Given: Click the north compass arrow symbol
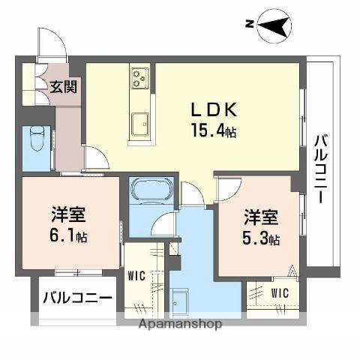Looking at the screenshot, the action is (274, 25).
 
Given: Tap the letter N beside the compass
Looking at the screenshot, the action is (250, 24).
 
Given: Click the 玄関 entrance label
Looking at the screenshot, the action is (63, 87).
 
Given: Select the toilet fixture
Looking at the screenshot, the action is (37, 139).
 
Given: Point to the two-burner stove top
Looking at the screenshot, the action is (139, 78).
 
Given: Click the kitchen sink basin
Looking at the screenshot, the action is (140, 124).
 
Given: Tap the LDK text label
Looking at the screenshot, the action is (214, 109).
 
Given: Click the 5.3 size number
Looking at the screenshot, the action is (255, 238).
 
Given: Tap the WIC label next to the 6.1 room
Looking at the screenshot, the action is (136, 276).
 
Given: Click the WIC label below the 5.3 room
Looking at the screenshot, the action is (280, 293).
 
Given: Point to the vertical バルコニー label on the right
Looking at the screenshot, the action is (321, 169).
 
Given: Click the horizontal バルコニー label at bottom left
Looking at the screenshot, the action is (77, 298).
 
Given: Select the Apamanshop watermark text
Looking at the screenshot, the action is (180, 324).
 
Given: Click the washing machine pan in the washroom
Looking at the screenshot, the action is (179, 301).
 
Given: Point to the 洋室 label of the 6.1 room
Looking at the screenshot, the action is (68, 214).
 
